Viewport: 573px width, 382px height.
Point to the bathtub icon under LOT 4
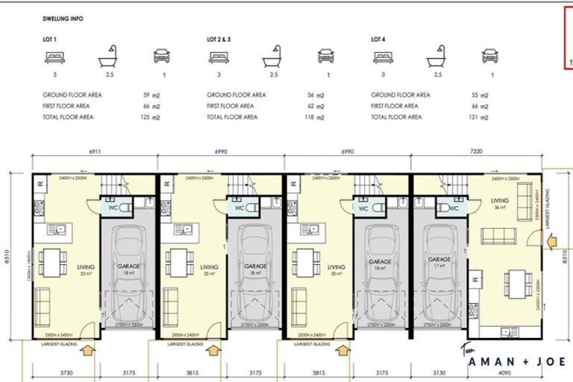[x=436, y=57]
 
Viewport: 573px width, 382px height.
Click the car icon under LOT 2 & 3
[x=326, y=57]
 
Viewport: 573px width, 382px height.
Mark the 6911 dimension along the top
[x=95, y=152]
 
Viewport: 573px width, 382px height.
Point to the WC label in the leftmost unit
[x=111, y=208]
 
